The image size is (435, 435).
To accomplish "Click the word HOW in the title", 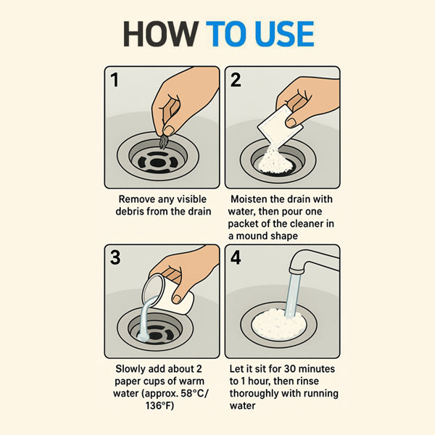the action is tap(161, 34).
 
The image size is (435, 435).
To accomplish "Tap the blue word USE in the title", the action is tap(284, 34).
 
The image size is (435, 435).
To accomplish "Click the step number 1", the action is tap(115, 80).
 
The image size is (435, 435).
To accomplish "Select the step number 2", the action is tap(236, 80).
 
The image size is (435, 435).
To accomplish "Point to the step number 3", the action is tap(115, 257).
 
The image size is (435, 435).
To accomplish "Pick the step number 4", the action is tap(236, 257).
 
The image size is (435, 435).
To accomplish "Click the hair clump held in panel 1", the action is tap(164, 142).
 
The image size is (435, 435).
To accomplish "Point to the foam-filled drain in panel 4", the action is tap(278, 325).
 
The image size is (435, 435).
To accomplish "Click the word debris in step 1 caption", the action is tap(130, 212).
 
